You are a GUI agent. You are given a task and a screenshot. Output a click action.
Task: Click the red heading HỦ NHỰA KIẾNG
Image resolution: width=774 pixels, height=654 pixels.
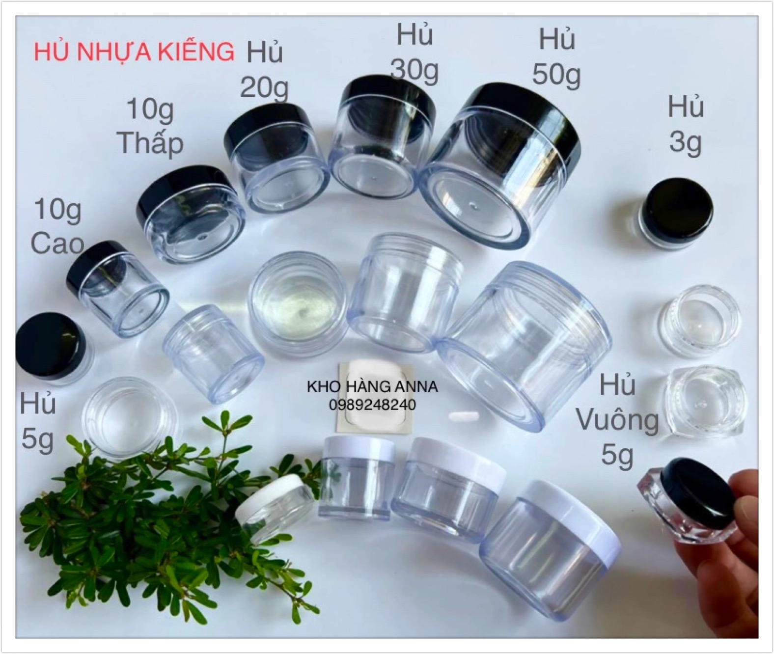coord(134,52)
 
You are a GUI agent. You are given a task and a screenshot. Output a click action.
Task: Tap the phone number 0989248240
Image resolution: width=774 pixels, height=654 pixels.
coord(372,405)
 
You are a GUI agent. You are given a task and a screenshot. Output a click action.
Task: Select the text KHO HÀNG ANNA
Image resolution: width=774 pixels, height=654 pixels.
coord(372,387)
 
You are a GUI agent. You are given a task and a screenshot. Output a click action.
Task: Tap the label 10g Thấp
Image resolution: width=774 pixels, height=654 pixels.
coord(150,126)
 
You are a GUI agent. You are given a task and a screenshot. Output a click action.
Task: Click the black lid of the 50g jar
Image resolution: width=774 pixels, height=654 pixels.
coord(524,120)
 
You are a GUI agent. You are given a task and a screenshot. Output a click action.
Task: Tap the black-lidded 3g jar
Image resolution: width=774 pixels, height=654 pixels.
coord(676,213)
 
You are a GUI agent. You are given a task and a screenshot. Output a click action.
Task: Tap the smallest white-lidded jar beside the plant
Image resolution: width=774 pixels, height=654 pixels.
coord(275,507)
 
